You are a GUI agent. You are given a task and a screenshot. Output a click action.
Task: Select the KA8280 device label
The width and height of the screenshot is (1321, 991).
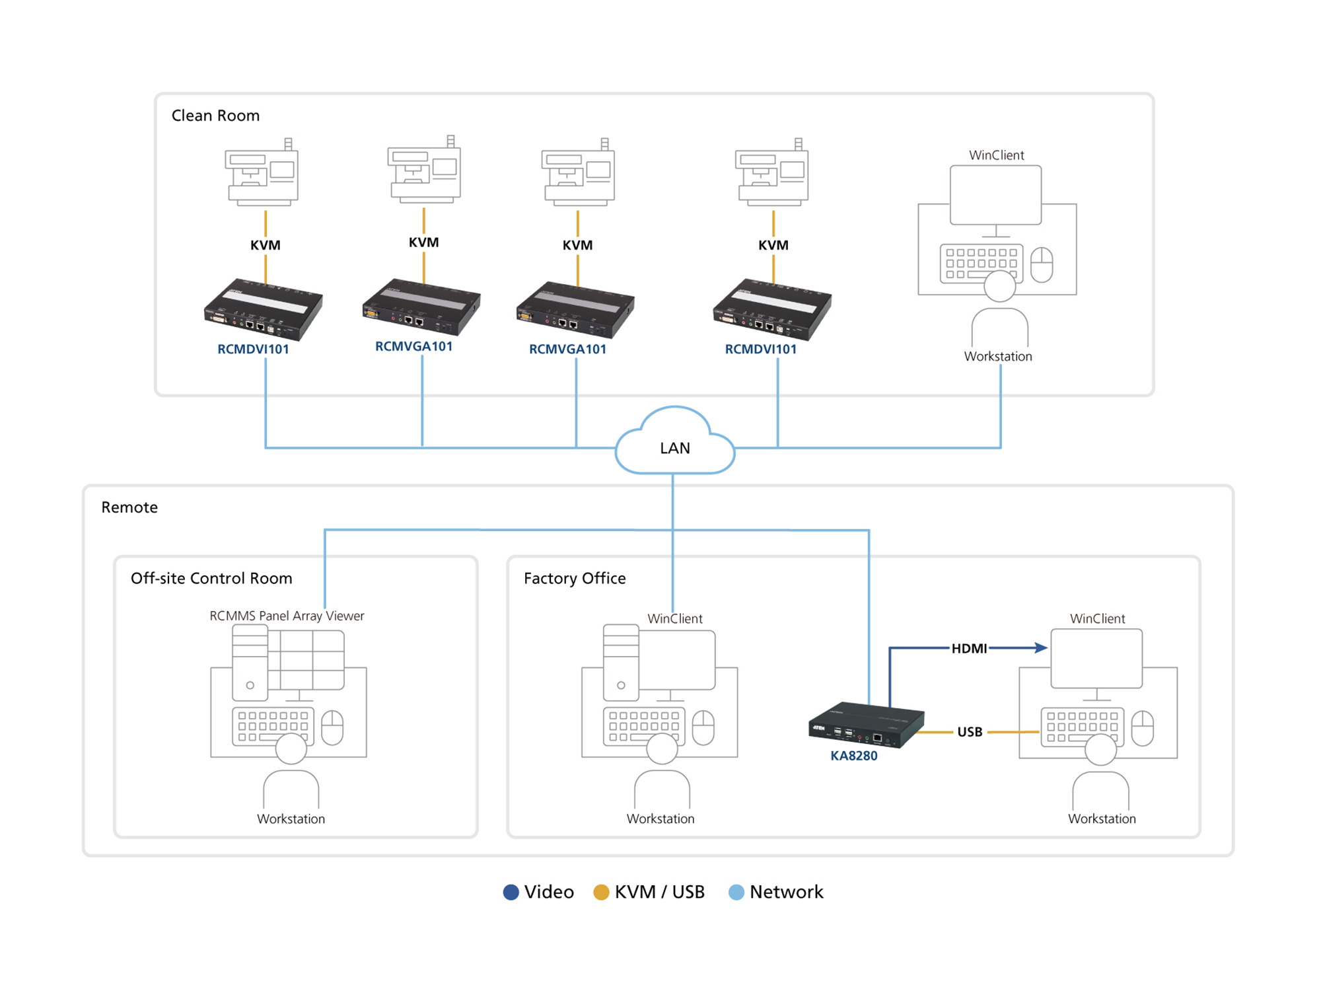(x=853, y=756)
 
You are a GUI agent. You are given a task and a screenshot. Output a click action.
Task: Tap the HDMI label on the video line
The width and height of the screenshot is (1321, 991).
(x=968, y=648)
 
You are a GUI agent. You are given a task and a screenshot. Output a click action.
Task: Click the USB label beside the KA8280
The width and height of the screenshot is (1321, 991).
(x=969, y=732)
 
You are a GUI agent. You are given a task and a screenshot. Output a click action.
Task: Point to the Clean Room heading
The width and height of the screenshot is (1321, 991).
(x=215, y=116)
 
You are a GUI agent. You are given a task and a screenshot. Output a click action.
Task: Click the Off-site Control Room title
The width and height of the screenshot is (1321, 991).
(x=211, y=578)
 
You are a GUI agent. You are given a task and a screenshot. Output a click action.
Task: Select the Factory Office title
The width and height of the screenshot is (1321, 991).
(x=575, y=578)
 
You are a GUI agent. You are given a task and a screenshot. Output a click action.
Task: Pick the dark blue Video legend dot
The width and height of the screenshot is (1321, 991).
(x=511, y=892)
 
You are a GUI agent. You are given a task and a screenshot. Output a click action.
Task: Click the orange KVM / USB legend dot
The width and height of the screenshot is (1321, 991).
(x=601, y=892)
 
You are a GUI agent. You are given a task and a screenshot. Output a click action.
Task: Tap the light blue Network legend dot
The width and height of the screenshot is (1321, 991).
(x=736, y=892)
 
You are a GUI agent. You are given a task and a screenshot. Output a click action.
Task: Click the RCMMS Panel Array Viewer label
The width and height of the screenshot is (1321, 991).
(x=287, y=616)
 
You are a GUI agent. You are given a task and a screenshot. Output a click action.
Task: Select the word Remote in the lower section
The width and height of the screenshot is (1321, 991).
(x=129, y=507)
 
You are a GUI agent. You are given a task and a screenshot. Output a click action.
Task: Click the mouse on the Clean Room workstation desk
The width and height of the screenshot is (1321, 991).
(x=1042, y=264)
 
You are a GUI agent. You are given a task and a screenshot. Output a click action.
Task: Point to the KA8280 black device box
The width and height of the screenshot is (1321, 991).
(x=866, y=724)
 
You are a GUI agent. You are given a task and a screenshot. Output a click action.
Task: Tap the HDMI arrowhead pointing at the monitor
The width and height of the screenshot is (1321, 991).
(x=1042, y=648)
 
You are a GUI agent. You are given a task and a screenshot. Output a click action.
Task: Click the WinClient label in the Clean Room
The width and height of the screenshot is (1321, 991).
(x=996, y=155)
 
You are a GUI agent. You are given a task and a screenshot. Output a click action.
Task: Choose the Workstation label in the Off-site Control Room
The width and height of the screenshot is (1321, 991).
(x=291, y=819)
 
